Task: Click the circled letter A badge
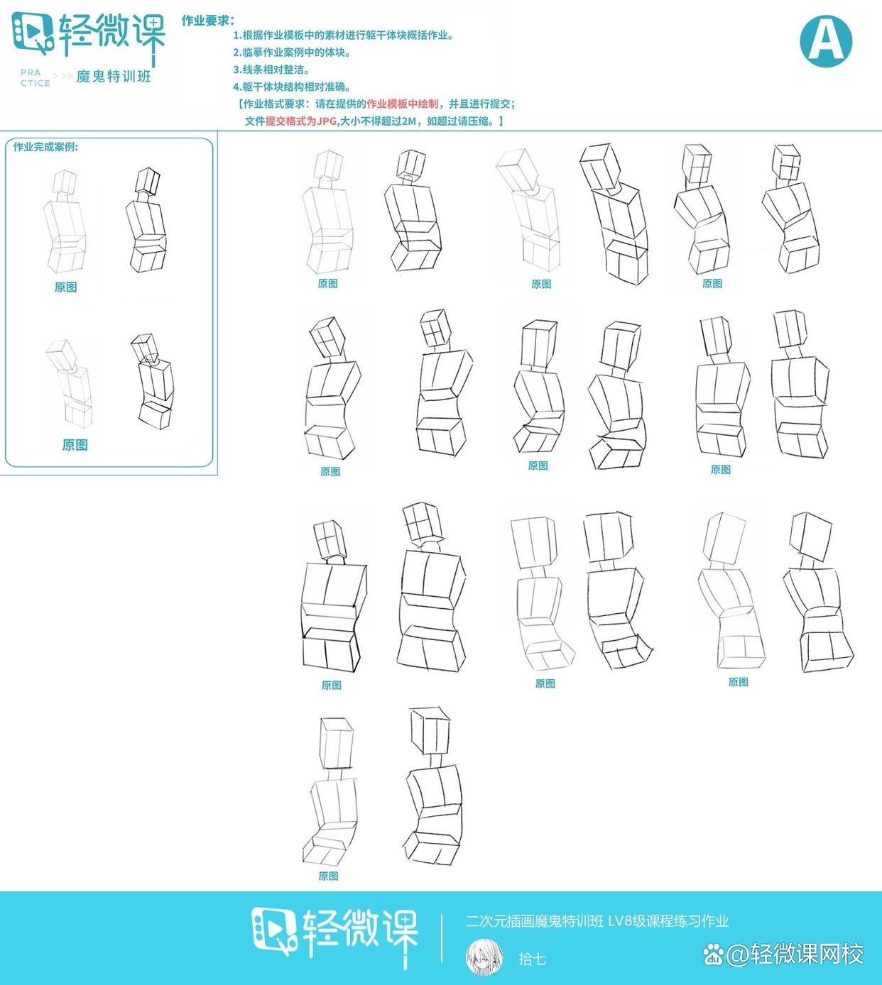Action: [826, 41]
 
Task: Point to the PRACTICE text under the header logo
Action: [36, 78]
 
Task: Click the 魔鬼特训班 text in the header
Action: [114, 77]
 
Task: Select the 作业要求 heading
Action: [208, 21]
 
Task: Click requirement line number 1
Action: [343, 35]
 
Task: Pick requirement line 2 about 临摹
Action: [292, 53]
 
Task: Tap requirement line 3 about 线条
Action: [271, 70]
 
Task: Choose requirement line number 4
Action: [292, 87]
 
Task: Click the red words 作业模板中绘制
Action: [403, 104]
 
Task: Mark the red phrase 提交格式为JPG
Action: [301, 121]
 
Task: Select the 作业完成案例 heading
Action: [45, 147]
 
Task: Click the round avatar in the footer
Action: [484, 958]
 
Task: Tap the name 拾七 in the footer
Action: [532, 959]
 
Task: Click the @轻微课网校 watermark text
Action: [795, 954]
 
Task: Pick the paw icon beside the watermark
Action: [713, 954]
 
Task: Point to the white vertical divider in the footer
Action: [442, 938]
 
